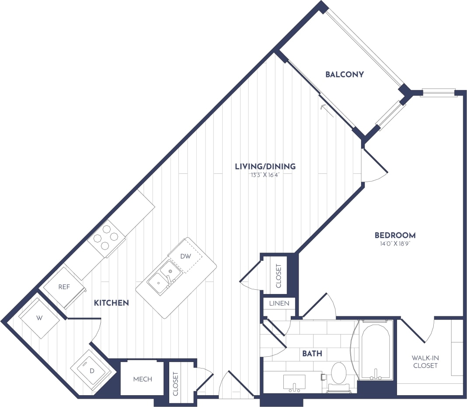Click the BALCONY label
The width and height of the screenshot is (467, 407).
pyautogui.click(x=345, y=74)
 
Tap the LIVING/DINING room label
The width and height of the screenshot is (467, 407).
pyautogui.click(x=265, y=166)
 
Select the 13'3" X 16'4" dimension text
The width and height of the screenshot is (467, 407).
pyautogui.click(x=265, y=175)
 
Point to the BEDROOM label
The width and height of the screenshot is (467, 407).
pyautogui.click(x=395, y=235)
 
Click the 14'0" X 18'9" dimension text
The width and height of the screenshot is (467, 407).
pyautogui.click(x=395, y=244)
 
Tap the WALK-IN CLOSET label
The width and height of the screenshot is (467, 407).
pyautogui.click(x=425, y=361)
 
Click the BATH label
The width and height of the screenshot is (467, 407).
pyautogui.click(x=312, y=353)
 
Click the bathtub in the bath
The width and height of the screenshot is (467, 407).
pyautogui.click(x=376, y=350)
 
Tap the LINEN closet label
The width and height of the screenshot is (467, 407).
pyautogui.click(x=279, y=303)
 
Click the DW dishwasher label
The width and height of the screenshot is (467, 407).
pyautogui.click(x=186, y=256)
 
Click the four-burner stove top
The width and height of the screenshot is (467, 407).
pyautogui.click(x=106, y=238)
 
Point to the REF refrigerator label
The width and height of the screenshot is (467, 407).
pyautogui.click(x=64, y=287)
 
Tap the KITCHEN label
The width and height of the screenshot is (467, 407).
pyautogui.click(x=111, y=302)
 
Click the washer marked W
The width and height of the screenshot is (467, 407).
pyautogui.click(x=39, y=318)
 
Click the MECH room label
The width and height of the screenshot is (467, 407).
pyautogui.click(x=143, y=379)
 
